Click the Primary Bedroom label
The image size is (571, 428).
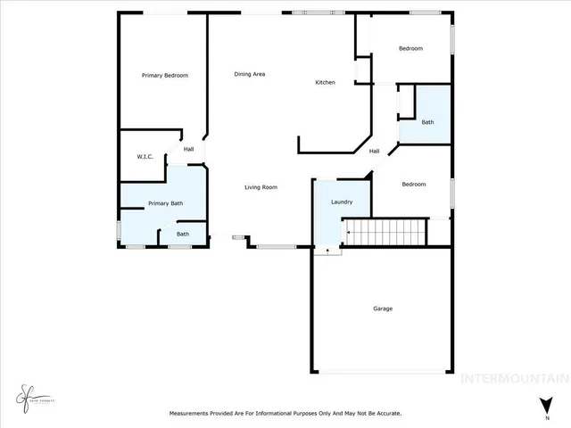[165, 76]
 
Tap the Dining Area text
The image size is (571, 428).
[250, 74]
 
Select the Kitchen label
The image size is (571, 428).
[325, 83]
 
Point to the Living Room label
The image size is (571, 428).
[262, 187]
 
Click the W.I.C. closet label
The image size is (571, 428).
[145, 157]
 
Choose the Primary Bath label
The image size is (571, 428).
[165, 203]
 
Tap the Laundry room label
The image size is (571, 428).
[342, 202]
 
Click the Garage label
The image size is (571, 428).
[383, 309]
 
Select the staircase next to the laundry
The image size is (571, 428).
[385, 233]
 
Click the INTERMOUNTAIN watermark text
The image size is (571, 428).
[513, 377]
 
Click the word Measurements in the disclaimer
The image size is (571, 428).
[193, 414]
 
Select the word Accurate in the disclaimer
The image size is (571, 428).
[385, 414]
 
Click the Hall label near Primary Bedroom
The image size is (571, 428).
[189, 149]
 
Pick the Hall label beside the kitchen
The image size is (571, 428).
[375, 151]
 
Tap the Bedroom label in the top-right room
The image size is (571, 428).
[410, 48]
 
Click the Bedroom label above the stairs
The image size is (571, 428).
[413, 185]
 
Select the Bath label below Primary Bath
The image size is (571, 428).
[182, 234]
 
